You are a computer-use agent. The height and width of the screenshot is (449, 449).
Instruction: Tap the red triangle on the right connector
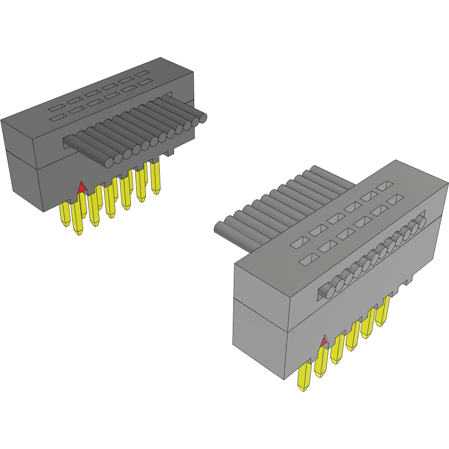324,341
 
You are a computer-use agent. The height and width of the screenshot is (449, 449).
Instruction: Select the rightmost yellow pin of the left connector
155,177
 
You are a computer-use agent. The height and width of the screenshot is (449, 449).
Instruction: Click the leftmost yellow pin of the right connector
303,377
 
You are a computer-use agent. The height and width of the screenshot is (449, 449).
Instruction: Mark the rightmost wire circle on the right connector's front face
421,220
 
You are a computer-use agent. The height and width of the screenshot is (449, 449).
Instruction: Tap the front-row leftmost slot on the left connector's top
58,117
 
